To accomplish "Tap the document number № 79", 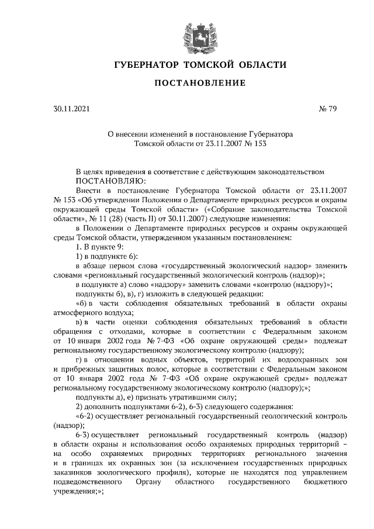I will (311, 109).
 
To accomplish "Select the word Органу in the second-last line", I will (149, 483).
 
